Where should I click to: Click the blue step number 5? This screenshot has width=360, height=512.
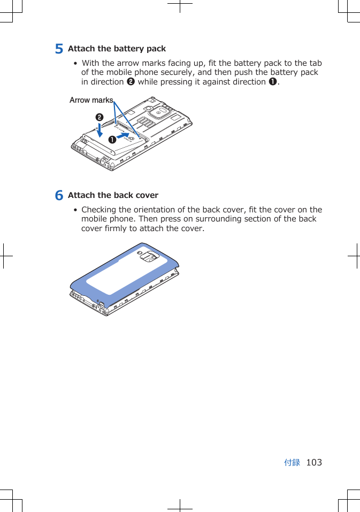pos(59,49)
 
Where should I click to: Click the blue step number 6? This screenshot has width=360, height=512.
pos(59,195)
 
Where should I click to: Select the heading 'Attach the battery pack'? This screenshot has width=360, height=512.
pos(117,49)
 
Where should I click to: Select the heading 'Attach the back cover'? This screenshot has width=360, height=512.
pos(113,195)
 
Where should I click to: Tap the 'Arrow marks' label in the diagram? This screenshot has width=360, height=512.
pos(91,100)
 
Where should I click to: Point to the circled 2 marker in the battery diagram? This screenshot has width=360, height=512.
pos(99,117)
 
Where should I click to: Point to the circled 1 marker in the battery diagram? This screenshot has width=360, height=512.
pos(112,140)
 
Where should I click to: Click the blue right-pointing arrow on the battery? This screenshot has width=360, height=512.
pos(124,136)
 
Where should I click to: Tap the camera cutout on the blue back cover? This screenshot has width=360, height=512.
pos(149,258)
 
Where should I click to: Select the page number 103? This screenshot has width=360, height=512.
pos(314,462)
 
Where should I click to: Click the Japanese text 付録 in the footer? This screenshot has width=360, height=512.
pos(292,462)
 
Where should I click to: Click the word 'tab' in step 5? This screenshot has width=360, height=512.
pos(316,63)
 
